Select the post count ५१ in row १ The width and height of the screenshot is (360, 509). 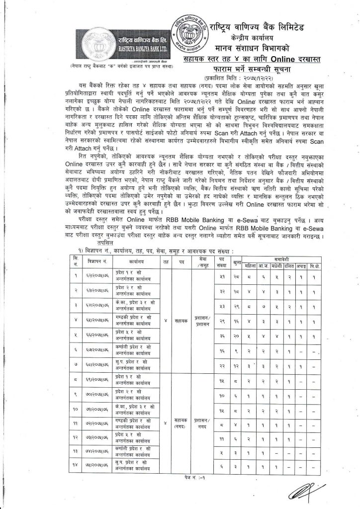coord(222,275)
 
